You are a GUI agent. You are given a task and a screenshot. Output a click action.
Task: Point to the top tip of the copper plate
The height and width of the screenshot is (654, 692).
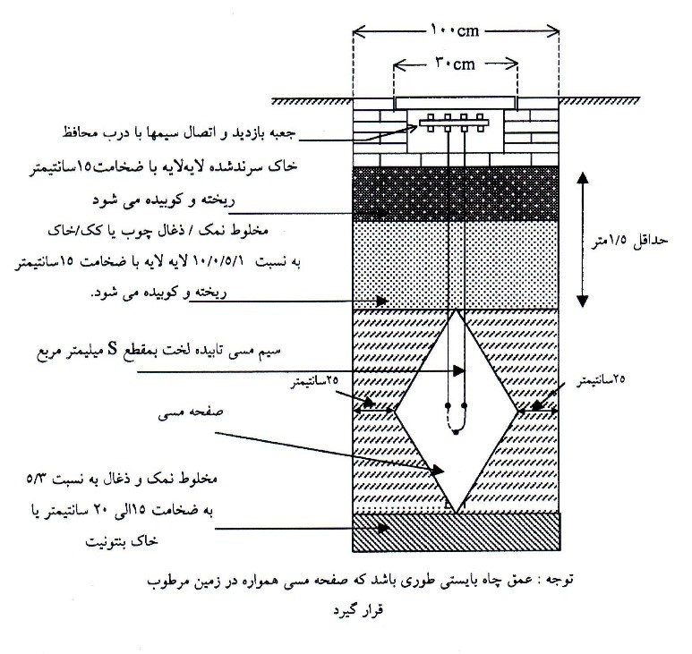click(x=457, y=310)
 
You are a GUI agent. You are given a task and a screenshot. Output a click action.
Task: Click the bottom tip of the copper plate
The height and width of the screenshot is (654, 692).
click(x=457, y=511)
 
